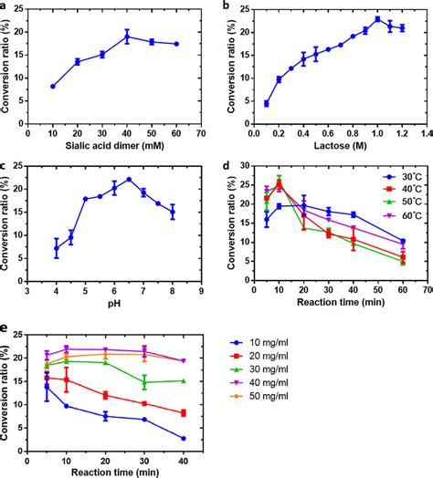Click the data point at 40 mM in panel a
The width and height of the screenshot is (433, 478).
[x=128, y=36]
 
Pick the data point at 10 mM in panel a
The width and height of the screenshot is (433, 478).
[x=53, y=86]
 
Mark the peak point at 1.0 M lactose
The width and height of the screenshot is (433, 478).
[x=377, y=19]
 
